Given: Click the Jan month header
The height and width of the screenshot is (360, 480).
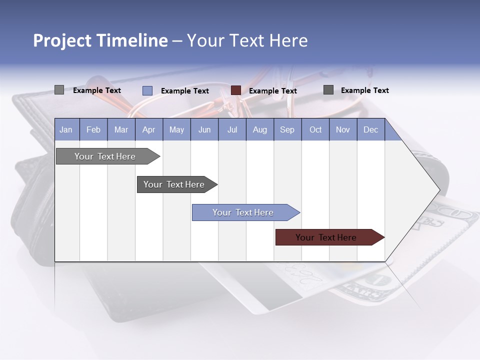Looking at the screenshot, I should (x=66, y=129).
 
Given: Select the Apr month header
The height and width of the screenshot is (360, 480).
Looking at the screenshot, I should (x=148, y=129).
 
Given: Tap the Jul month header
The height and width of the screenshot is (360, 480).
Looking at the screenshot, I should (x=232, y=129).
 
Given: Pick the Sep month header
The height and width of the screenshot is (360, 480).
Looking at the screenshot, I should (x=287, y=129).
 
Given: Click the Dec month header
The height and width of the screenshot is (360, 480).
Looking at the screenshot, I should (x=370, y=129).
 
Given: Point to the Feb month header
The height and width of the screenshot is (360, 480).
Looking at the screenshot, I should (x=93, y=129).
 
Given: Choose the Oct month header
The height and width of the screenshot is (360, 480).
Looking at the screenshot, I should (x=315, y=129).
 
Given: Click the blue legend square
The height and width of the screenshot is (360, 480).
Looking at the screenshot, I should (x=147, y=90).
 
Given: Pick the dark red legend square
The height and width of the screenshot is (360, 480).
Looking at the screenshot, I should (x=236, y=90).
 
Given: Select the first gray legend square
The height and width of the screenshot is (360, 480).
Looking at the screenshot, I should (x=59, y=90).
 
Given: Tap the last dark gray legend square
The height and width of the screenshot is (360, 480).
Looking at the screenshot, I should (x=328, y=90).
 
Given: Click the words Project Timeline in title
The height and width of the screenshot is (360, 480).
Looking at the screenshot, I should (x=100, y=40).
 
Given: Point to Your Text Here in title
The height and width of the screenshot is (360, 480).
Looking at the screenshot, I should (x=247, y=40).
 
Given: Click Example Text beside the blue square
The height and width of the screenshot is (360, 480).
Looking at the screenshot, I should (x=185, y=91).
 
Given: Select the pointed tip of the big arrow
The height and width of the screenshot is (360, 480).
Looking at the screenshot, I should (x=438, y=189).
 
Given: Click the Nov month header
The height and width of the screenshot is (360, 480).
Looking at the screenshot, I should (x=343, y=129).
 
